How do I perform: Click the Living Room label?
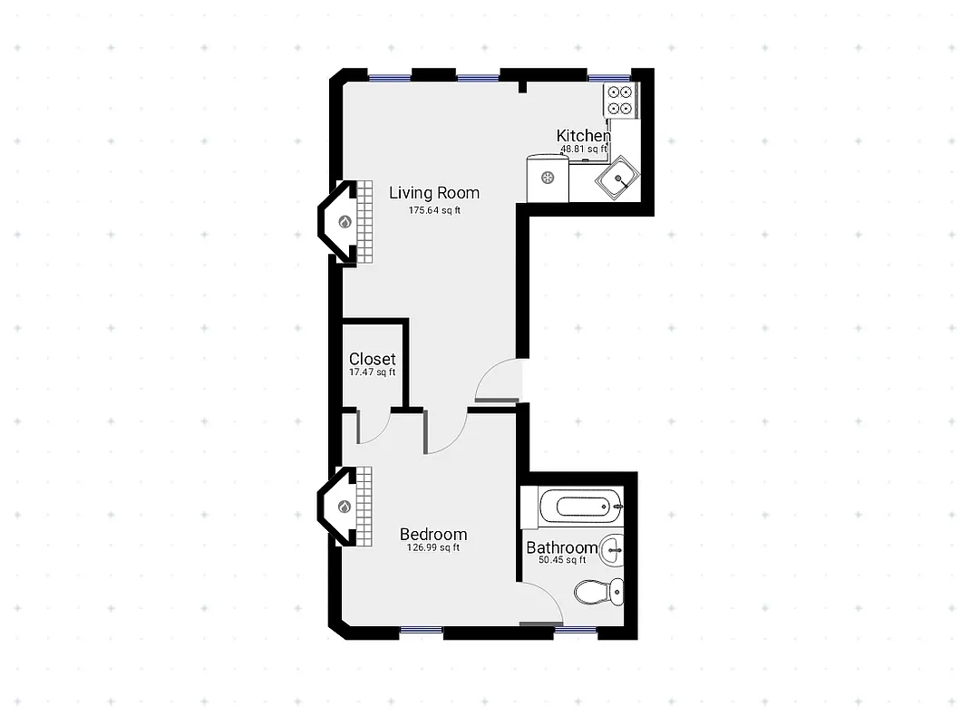point(434,193)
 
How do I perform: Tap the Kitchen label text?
point(583,136)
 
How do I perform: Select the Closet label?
point(373,359)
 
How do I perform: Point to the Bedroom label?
point(433,535)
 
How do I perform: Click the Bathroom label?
point(561,547)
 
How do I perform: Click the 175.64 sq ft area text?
point(435,211)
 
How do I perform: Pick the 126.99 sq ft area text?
point(433,547)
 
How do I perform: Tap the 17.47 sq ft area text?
point(373,372)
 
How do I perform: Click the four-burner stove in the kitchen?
point(621,100)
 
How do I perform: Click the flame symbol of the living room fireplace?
point(345,222)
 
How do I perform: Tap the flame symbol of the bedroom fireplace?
point(345,507)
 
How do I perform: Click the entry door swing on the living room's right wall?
point(500,381)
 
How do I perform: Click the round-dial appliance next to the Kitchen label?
point(548,179)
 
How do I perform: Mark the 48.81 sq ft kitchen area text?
point(583,149)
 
